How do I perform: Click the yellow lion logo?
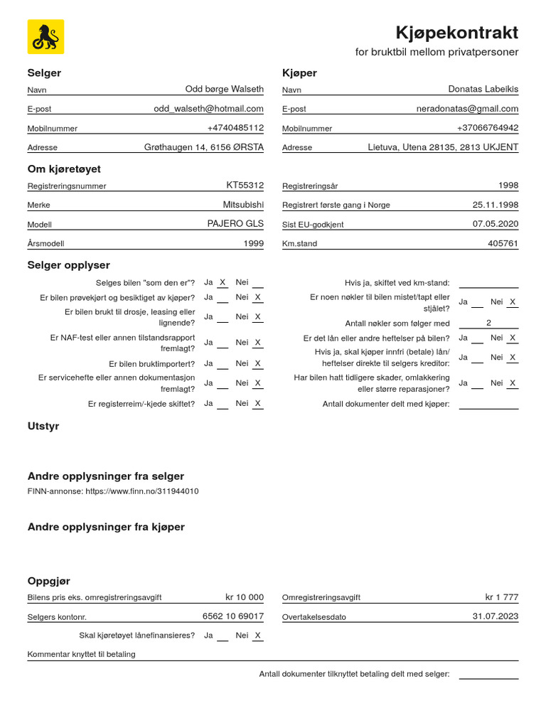tap(45, 37)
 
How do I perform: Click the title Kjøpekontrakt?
tap(456, 33)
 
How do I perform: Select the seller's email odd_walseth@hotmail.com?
tap(208, 109)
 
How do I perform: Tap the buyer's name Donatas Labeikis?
tap(483, 90)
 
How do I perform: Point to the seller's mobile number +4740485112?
tap(235, 128)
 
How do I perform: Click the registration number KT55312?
tap(245, 185)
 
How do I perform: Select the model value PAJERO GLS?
tap(235, 223)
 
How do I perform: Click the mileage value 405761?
tap(503, 243)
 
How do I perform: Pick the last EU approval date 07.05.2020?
tap(496, 223)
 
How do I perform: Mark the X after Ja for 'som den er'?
tap(223, 282)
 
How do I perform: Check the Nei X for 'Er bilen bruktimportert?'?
tap(258, 363)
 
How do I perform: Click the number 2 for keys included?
tap(488, 323)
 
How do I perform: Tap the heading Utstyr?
tap(43, 427)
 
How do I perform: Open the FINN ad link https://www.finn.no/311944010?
tap(142, 491)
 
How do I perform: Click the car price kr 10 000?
tap(245, 597)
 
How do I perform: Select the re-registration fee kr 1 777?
tap(501, 597)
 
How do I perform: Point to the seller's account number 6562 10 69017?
tap(233, 616)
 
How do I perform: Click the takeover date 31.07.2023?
tap(496, 616)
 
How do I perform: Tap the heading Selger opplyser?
tap(69, 265)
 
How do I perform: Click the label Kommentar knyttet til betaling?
tap(81, 654)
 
